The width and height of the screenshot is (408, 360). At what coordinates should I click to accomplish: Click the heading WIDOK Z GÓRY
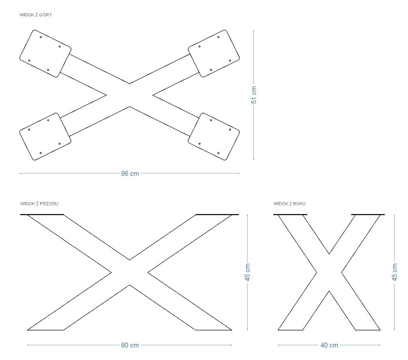pos(36,15)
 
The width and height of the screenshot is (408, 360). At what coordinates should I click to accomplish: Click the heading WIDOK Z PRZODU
pos(39,204)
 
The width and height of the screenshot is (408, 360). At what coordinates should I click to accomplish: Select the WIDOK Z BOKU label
pos(290,204)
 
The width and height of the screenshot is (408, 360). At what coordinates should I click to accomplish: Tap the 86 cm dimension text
pos(130,174)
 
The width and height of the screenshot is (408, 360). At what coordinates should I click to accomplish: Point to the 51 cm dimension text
pos(254,95)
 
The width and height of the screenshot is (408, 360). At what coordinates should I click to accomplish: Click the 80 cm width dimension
pos(130,345)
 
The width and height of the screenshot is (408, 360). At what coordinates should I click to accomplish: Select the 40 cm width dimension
pos(329,345)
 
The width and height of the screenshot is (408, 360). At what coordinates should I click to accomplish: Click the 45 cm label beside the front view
pos(247,272)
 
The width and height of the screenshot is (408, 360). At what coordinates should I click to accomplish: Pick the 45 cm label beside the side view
pos(395,272)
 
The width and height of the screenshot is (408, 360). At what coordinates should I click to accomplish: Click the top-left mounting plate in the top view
pos(45,53)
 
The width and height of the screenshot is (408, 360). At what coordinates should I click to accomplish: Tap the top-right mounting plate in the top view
pos(214,53)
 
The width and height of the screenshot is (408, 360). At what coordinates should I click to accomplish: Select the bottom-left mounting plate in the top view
pos(45,137)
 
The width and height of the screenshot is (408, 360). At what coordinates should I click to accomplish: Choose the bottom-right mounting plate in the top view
pos(214,137)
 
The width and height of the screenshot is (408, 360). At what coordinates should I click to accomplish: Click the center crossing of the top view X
pos(129,95)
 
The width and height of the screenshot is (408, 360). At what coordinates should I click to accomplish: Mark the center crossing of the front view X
pos(129,273)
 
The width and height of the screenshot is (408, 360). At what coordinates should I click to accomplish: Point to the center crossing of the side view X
pos(329,273)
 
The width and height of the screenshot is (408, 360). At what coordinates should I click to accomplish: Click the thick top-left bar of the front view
pos(42,214)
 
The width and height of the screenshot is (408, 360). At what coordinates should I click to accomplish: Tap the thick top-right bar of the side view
pos(368,214)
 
